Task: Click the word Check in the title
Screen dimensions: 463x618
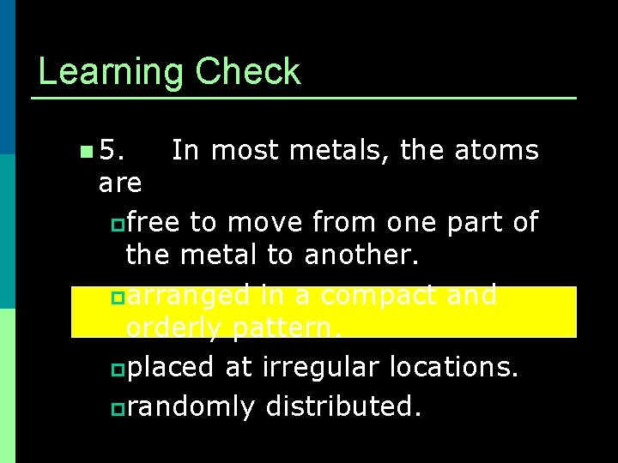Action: coord(248,71)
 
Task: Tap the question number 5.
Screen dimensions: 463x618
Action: coord(111,151)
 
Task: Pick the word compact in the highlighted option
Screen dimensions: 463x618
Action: coord(379,295)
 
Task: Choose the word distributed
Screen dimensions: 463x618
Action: coord(343,406)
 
